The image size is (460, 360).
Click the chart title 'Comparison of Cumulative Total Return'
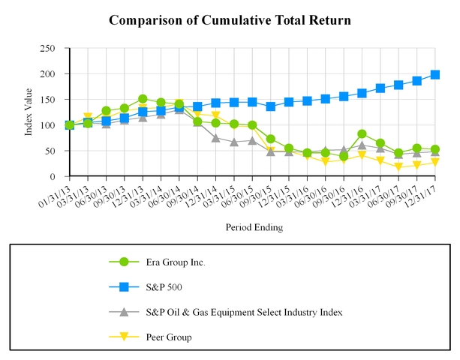tap(230, 19)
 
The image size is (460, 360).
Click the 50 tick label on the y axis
tap(50, 151)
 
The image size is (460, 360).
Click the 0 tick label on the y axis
tap(52, 176)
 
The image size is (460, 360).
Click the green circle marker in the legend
tap(124, 262)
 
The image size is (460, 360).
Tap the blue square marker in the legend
tap(124, 286)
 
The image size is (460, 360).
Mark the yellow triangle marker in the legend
tap(124, 337)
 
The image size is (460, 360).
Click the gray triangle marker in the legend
tap(124, 312)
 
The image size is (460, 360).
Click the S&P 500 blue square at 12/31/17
tap(435, 75)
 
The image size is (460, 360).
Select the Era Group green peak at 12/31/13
tap(143, 99)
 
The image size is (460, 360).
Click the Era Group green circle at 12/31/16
tap(362, 134)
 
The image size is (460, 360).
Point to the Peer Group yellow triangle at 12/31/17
tap(435, 163)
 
